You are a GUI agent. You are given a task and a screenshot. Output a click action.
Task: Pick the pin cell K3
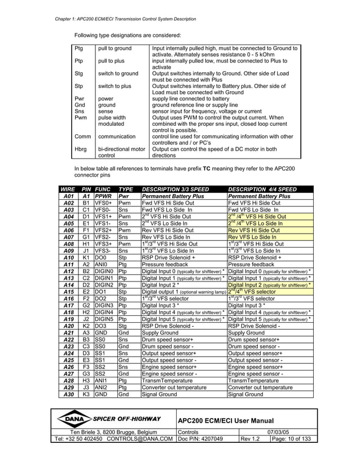86,394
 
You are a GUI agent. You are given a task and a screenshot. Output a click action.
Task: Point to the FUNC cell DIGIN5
104,318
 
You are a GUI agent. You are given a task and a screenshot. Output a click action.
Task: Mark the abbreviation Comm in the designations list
82,137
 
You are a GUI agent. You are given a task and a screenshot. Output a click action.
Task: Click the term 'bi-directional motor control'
121,152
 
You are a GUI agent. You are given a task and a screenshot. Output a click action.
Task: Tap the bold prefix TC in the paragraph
207,169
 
